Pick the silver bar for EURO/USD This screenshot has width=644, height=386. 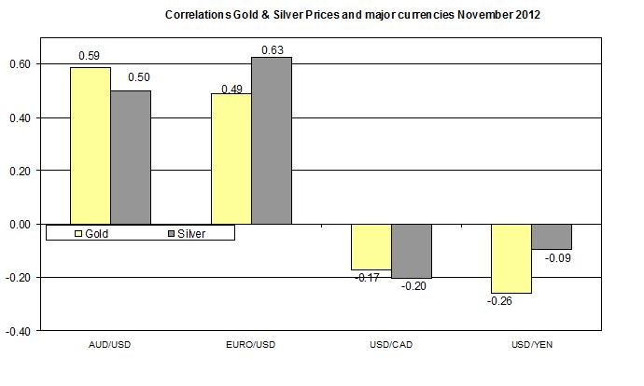point(272,140)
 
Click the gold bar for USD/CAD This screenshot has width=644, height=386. point(371,247)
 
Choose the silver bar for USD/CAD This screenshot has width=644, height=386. point(412,251)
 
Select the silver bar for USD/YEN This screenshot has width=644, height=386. point(552,237)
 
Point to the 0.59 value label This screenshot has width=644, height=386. point(90,56)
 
